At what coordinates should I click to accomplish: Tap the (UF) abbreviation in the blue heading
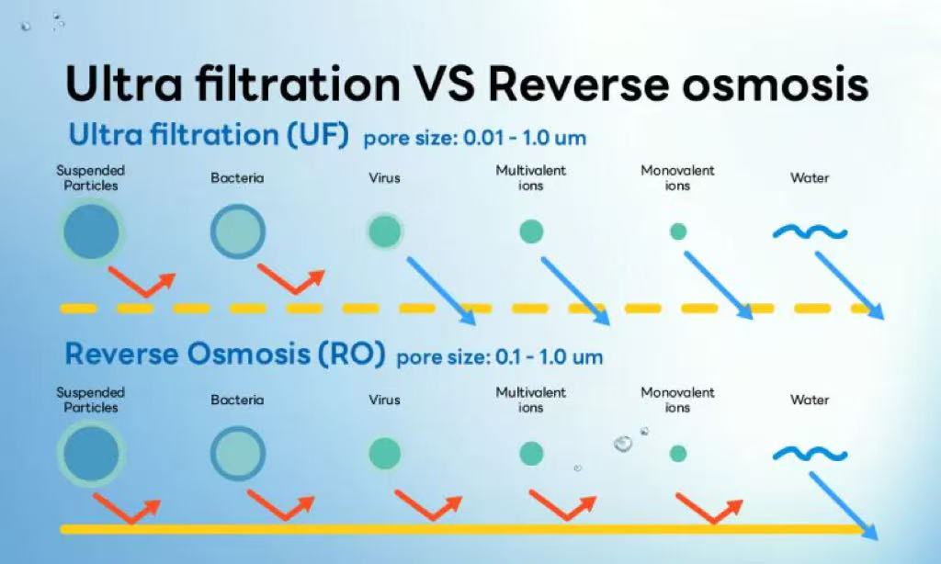(317, 134)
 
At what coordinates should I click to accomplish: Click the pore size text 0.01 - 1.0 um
(525, 138)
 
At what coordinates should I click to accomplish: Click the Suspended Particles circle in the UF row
(91, 231)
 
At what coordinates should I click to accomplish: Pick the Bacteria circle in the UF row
(238, 231)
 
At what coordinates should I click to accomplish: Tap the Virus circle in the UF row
(385, 231)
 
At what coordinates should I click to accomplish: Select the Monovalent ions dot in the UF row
(678, 231)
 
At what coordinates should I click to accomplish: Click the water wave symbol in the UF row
(811, 231)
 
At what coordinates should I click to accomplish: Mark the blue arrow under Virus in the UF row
(442, 291)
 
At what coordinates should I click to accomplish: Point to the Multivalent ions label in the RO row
(530, 400)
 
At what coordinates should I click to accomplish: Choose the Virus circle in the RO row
(385, 453)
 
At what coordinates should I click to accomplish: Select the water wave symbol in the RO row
(811, 454)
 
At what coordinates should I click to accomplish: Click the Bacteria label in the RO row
(237, 400)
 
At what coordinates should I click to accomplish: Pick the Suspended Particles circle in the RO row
(91, 454)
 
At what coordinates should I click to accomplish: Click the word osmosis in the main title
(776, 84)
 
